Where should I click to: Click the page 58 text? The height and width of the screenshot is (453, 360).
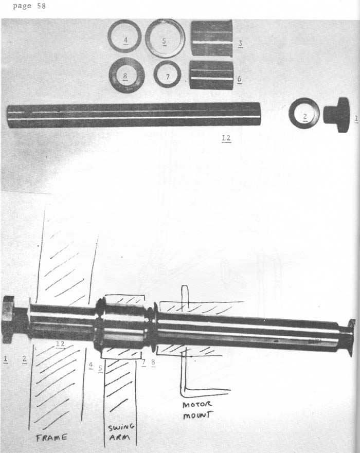click(29, 6)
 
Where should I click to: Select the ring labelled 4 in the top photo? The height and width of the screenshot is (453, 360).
click(124, 36)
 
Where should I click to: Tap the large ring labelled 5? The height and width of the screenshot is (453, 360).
click(165, 39)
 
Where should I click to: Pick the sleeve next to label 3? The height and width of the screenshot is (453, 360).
click(212, 38)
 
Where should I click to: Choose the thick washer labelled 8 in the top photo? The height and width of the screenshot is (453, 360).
click(127, 75)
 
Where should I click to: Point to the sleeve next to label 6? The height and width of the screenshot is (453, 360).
click(211, 75)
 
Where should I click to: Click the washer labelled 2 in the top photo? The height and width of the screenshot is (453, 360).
click(304, 113)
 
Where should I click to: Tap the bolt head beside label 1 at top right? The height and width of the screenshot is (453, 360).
click(336, 115)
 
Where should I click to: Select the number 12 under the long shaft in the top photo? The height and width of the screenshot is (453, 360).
click(226, 138)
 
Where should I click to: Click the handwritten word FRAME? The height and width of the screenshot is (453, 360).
click(51, 438)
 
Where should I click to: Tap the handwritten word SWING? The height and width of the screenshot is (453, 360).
click(121, 427)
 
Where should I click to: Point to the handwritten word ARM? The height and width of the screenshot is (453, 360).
click(120, 437)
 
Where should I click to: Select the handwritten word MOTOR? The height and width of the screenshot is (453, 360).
click(197, 404)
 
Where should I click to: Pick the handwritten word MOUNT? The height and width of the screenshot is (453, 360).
click(197, 415)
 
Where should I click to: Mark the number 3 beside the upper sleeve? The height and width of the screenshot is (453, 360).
click(240, 44)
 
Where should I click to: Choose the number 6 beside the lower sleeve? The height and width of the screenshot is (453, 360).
click(239, 79)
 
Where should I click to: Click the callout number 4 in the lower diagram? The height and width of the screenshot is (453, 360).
click(91, 365)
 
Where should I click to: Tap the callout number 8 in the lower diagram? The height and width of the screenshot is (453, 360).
click(153, 363)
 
